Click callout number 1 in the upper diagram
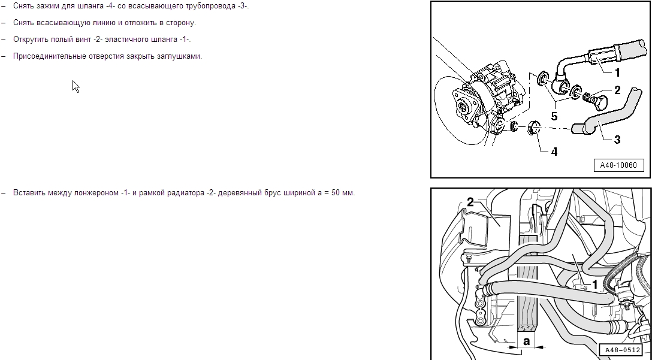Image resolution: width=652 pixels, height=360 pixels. point(617,72)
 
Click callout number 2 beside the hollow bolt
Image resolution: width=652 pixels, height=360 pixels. point(617,90)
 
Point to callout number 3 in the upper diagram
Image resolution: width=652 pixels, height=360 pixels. point(617,140)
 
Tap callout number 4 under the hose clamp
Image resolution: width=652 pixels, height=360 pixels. point(554,152)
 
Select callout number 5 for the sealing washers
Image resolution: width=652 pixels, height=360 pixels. point(554,116)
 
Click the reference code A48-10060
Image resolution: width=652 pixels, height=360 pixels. point(618,165)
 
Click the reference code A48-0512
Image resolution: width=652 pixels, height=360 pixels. point(621,350)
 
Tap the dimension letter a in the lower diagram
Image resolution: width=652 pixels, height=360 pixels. point(526,341)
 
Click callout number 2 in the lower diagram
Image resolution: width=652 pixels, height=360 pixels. point(470,202)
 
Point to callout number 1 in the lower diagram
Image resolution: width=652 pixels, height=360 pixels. point(594,285)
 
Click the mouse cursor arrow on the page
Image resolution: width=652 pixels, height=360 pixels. point(76,86)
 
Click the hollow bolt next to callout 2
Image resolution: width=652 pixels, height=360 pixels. point(594,99)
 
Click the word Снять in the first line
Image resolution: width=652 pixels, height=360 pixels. point(23,6)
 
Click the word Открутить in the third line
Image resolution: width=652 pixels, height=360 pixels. point(31,40)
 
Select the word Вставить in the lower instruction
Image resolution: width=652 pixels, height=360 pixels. point(29,193)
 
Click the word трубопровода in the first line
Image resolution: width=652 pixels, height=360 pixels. point(210,7)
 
